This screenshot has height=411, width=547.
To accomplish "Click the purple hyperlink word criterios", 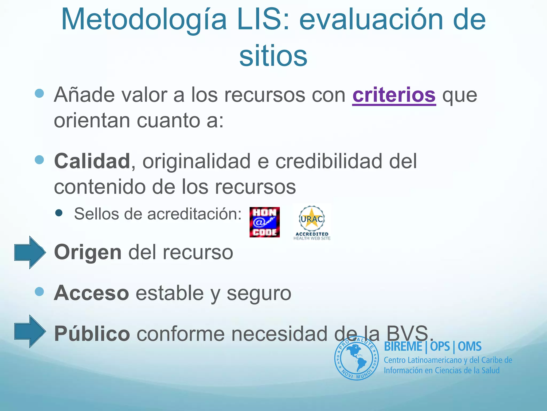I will (x=394, y=95).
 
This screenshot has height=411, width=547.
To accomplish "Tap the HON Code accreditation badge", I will (x=264, y=222).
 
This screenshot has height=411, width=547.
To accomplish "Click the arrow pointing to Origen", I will (x=30, y=252).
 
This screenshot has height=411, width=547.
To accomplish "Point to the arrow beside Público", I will (x=30, y=331).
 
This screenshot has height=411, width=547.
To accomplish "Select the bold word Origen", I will (x=88, y=253).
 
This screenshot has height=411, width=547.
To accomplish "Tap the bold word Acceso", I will (x=92, y=293).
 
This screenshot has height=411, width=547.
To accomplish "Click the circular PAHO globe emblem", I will (x=356, y=358).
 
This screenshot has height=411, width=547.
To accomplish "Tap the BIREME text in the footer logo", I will (x=403, y=347).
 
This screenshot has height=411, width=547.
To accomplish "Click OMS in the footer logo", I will (x=470, y=347).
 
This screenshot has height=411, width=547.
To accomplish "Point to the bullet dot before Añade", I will (x=39, y=93).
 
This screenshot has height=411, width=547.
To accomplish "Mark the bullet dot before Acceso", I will (x=39, y=291).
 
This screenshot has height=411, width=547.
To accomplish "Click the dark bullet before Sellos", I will (x=59, y=213).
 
